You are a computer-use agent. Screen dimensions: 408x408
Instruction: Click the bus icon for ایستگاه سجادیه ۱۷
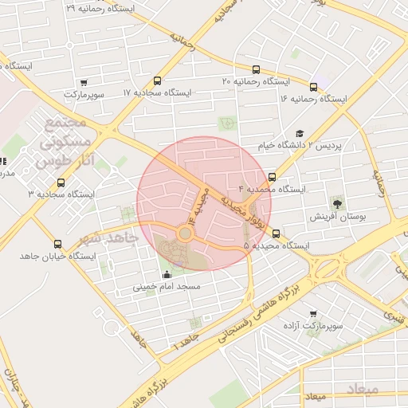(157, 80)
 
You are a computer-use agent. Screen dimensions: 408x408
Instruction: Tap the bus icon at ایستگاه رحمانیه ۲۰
(256, 69)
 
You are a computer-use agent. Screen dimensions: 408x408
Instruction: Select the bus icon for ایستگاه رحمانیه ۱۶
(313, 87)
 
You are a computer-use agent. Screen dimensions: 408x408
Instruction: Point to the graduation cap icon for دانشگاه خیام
(300, 134)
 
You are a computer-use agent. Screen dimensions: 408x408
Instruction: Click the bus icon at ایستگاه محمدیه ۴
(273, 177)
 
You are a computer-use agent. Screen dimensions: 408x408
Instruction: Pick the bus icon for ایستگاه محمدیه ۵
(277, 233)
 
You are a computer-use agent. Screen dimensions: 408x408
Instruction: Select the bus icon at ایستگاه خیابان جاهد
(57, 244)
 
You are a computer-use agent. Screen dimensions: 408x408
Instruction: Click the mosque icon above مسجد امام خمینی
(166, 274)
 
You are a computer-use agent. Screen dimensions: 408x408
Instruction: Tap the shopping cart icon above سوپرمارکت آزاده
(312, 313)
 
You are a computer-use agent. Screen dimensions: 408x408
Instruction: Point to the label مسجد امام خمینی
(167, 286)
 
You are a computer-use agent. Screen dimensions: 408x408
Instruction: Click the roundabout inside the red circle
(185, 233)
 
